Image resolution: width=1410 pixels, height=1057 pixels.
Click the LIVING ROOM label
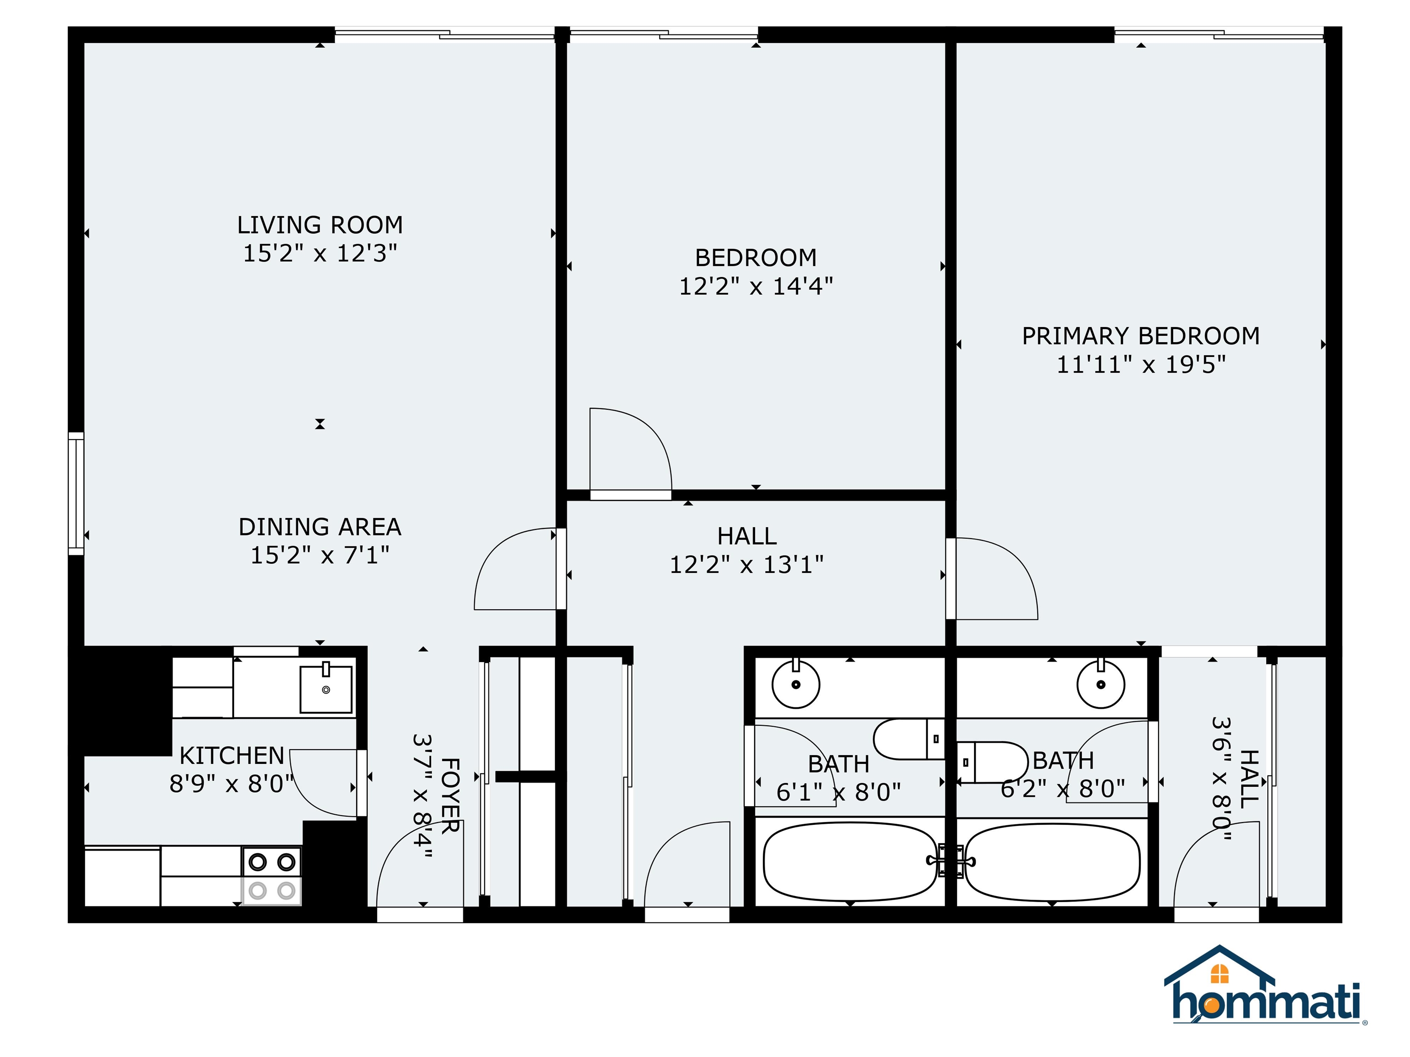coord(319,225)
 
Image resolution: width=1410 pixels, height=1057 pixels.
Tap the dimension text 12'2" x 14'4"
coord(755,286)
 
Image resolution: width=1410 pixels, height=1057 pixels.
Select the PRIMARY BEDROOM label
coord(1141,336)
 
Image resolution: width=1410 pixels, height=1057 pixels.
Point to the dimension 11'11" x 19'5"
coord(1141,364)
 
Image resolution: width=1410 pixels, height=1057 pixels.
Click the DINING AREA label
coord(319,527)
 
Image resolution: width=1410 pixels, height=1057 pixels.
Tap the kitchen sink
coord(326,689)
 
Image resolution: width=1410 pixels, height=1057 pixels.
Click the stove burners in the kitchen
coord(272,876)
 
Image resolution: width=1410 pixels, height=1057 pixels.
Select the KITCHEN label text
coord(231,756)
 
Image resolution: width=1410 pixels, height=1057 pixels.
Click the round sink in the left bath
coord(795,684)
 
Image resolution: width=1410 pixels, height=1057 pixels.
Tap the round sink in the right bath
coord(1101,684)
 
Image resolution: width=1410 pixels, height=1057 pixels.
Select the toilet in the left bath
coord(908,739)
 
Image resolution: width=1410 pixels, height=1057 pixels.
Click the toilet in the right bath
coord(992,762)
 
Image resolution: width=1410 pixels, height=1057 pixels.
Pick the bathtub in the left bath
coord(849,862)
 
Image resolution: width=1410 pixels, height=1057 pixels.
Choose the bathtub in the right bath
coord(1052,862)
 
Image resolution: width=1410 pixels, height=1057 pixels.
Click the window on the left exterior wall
coord(76,493)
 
